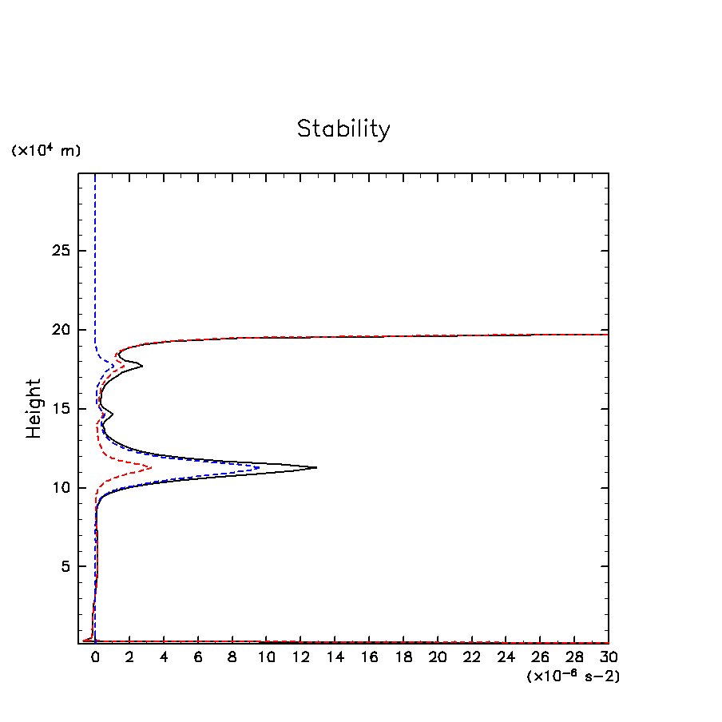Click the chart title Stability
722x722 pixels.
click(343, 129)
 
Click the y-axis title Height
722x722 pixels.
click(34, 408)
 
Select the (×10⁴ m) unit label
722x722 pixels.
click(46, 150)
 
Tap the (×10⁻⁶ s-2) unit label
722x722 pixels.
click(573, 676)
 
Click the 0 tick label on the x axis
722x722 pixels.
click(95, 657)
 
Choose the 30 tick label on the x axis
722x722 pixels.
click(608, 657)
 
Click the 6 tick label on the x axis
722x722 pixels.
click(198, 657)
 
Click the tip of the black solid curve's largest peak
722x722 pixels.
click(316, 467)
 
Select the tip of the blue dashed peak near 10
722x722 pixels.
click(260, 467)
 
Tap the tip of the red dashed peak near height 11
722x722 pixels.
click(151, 466)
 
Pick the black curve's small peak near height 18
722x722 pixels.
click(142, 366)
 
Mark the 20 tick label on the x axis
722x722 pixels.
click(437, 657)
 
